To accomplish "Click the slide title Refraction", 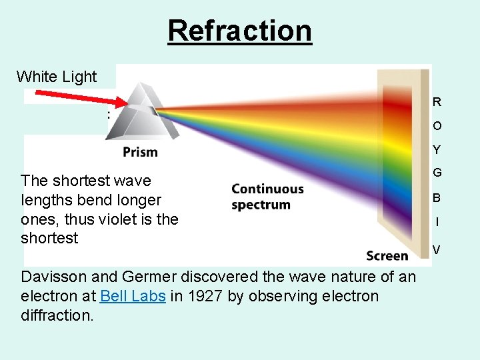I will (239, 30).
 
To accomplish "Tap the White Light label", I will (57, 77).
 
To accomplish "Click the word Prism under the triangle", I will (140, 152).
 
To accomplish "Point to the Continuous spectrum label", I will (267, 197).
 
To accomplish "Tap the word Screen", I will (387, 256).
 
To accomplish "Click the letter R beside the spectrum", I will (437, 102).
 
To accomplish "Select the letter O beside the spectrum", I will (437, 126).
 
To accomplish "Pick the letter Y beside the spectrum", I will (437, 150).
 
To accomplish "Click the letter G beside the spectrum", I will (437, 173).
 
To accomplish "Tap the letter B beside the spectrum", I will (437, 198).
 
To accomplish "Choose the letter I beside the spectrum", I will (437, 222).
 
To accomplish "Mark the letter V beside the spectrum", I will (436, 250).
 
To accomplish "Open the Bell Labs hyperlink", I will (133, 296).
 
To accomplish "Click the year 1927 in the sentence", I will (202, 296).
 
